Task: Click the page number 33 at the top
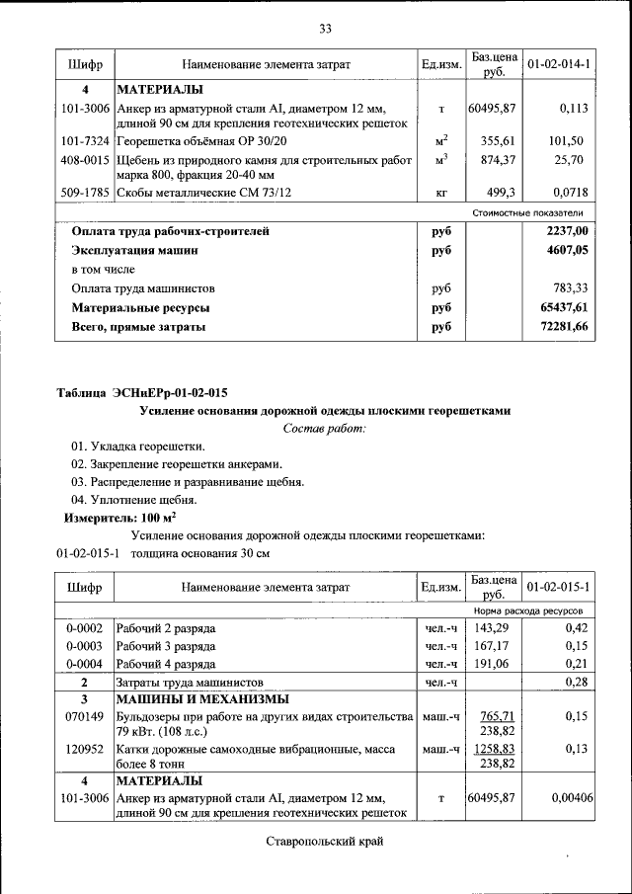coord(325,27)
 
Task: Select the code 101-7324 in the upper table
coord(84,141)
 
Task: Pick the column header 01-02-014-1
coord(558,64)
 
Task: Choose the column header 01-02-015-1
coord(558,588)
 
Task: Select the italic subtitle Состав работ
coord(324,428)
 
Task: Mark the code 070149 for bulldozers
coord(84,715)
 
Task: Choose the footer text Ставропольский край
coord(324,841)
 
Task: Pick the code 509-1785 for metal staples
coord(84,193)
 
